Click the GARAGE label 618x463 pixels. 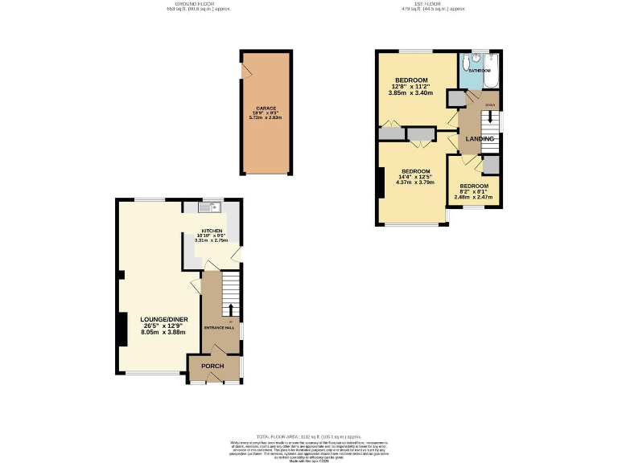tap(266, 108)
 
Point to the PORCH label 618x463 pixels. tap(212, 367)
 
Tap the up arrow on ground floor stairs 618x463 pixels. tap(231, 310)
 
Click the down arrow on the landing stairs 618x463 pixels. tap(489, 116)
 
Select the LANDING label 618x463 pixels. tap(480, 139)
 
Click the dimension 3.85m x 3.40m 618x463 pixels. tap(410, 93)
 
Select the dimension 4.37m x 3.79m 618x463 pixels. tap(415, 182)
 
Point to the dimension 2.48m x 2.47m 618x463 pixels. tap(473, 197)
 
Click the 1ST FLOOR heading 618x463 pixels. tap(435, 5)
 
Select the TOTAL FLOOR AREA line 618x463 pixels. tap(308, 434)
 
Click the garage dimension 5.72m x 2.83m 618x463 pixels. tap(266, 118)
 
